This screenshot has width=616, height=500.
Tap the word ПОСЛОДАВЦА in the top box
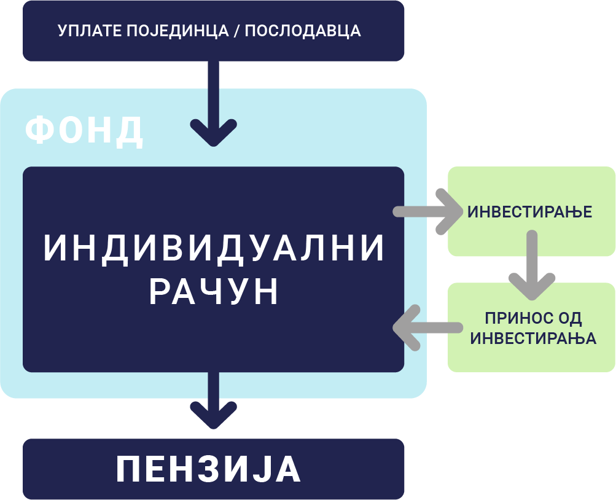point(303,31)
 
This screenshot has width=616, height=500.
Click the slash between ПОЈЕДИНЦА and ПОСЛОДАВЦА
point(235,31)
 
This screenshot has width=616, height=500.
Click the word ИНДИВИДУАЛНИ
point(214,249)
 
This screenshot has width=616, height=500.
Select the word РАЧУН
point(214,292)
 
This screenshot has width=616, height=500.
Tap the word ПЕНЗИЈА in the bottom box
point(209,470)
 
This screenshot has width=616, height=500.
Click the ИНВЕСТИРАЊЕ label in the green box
point(529,212)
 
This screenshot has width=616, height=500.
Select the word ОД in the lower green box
point(569,319)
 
